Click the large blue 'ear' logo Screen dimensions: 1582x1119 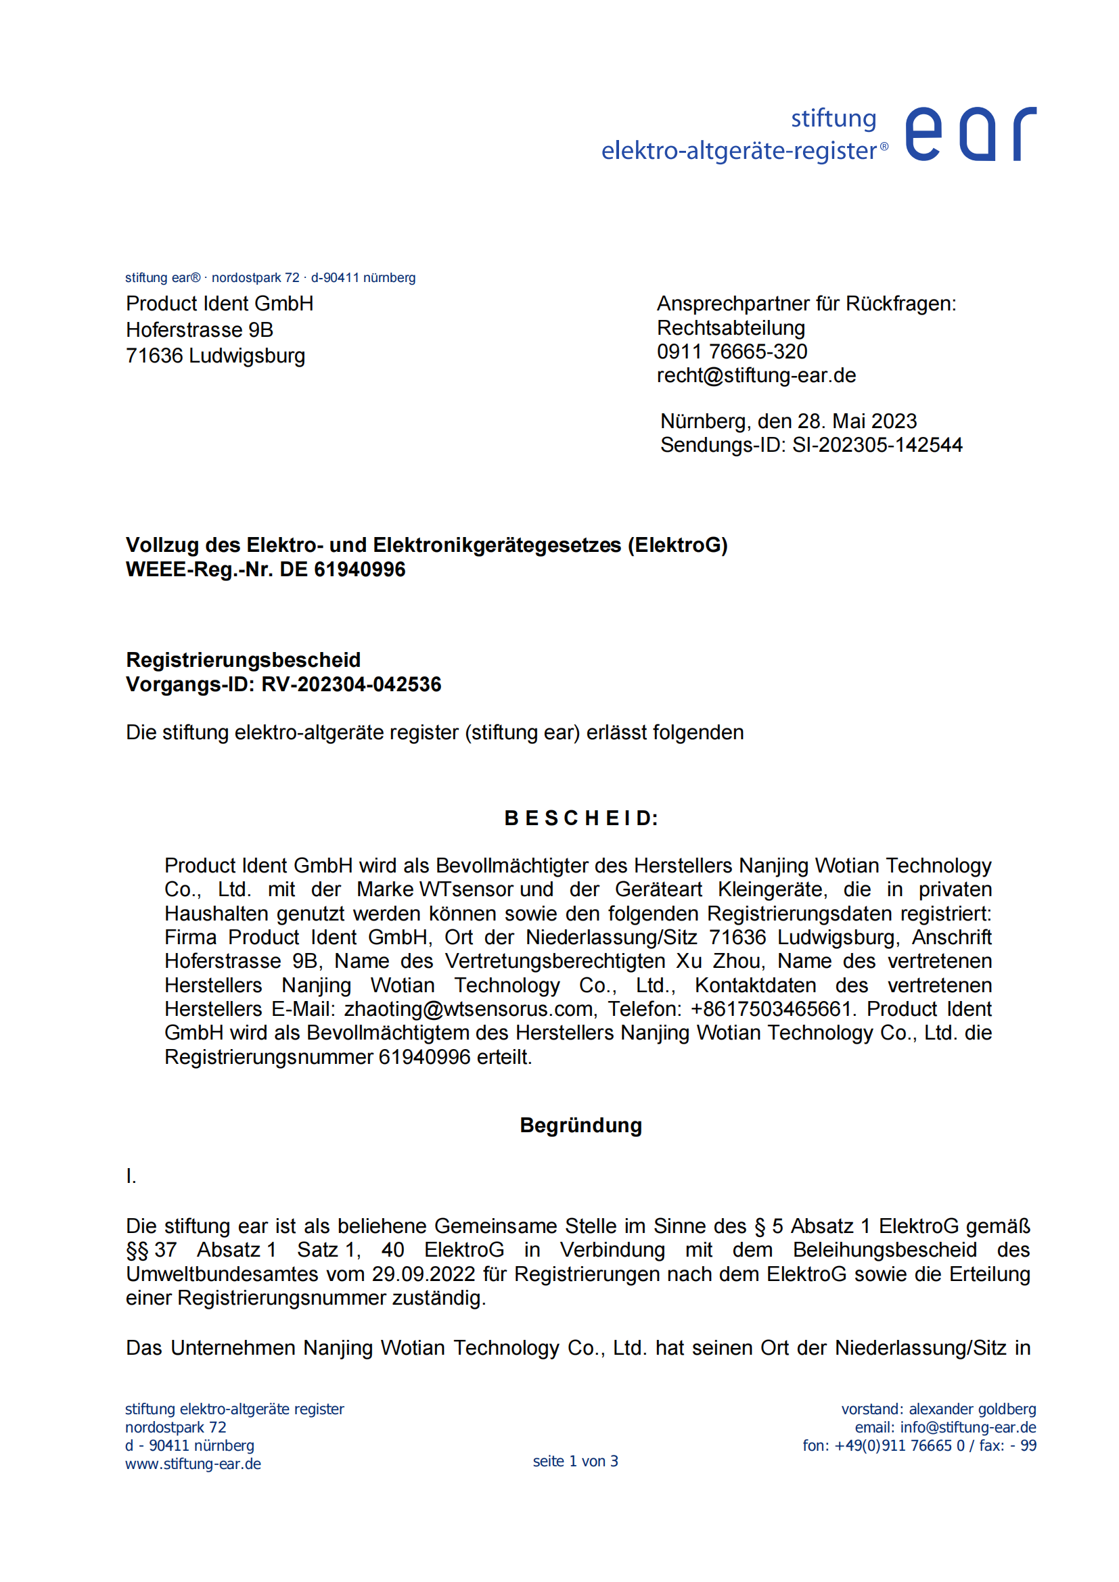pos(969,135)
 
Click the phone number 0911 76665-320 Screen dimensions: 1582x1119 pos(732,352)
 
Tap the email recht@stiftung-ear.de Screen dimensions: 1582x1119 pos(756,375)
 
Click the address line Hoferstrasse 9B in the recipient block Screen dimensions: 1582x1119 pos(199,330)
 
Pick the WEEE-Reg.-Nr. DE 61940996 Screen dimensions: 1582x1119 pos(265,569)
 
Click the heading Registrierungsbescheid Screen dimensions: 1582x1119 pos(244,660)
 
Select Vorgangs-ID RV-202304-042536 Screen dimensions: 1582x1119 pos(283,684)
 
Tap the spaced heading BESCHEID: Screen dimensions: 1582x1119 pos(581,818)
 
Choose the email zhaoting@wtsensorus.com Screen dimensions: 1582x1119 pos(469,1008)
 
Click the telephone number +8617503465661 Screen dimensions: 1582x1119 pos(772,1008)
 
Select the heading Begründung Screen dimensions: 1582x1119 pos(581,1125)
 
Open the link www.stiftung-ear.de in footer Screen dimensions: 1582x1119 pos(193,1464)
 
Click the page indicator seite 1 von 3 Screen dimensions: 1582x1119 pos(575,1462)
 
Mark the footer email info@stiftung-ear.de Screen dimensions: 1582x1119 pos(967,1427)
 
